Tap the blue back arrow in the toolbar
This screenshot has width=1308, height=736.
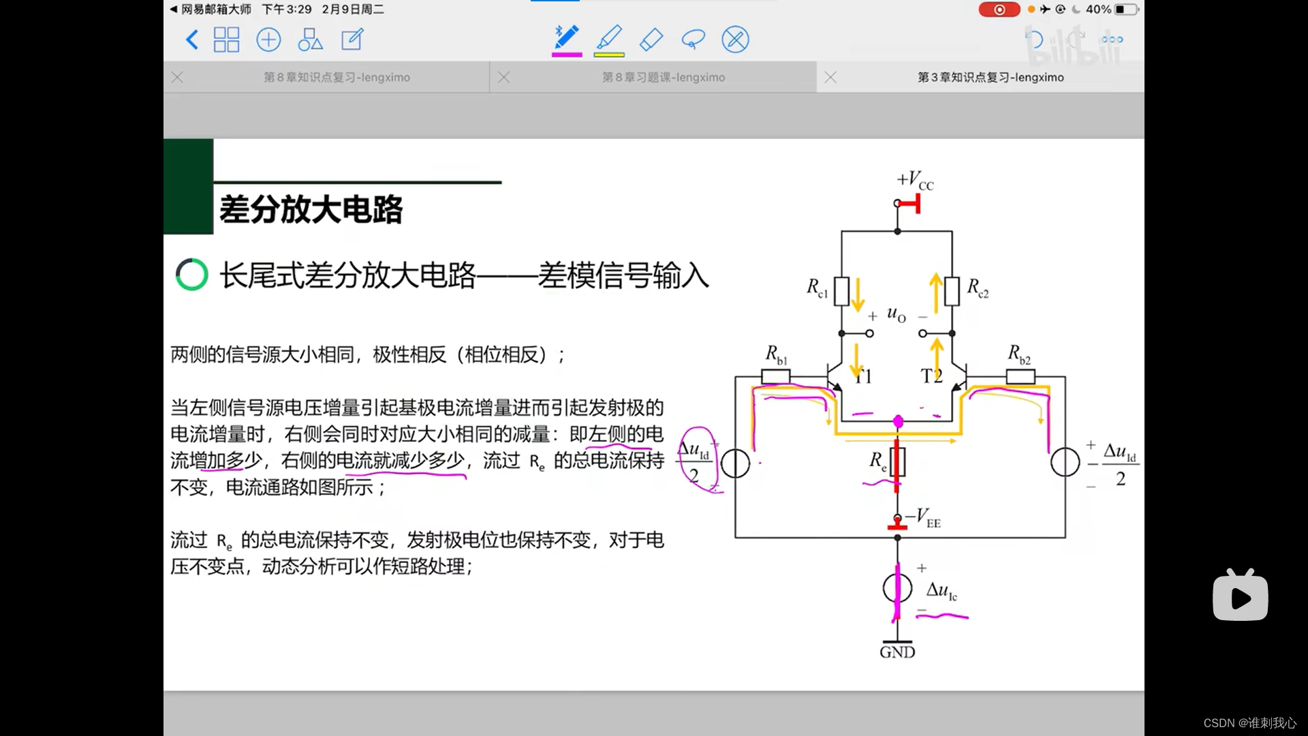[192, 40]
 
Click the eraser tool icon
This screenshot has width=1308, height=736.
[651, 40]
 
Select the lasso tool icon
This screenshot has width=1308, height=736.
[693, 40]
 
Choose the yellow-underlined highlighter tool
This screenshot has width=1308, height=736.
[609, 40]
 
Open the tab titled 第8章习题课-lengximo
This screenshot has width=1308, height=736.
[663, 78]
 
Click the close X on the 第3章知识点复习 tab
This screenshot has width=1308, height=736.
[830, 78]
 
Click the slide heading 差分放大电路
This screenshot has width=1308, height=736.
[311, 209]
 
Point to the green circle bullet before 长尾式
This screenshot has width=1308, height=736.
[191, 275]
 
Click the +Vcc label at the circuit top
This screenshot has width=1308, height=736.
[915, 181]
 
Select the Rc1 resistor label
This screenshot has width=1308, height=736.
[817, 288]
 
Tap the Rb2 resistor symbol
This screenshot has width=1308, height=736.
[1021, 376]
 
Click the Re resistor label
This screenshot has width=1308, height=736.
[878, 461]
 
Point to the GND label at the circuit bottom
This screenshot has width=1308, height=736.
[897, 652]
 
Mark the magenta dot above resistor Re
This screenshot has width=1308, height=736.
[898, 422]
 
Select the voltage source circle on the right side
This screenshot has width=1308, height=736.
[1065, 463]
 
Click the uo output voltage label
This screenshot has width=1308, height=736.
[896, 314]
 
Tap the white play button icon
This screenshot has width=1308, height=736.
[1240, 597]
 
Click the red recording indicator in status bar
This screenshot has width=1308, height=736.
[999, 10]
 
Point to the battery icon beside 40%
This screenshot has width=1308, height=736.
[1126, 10]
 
